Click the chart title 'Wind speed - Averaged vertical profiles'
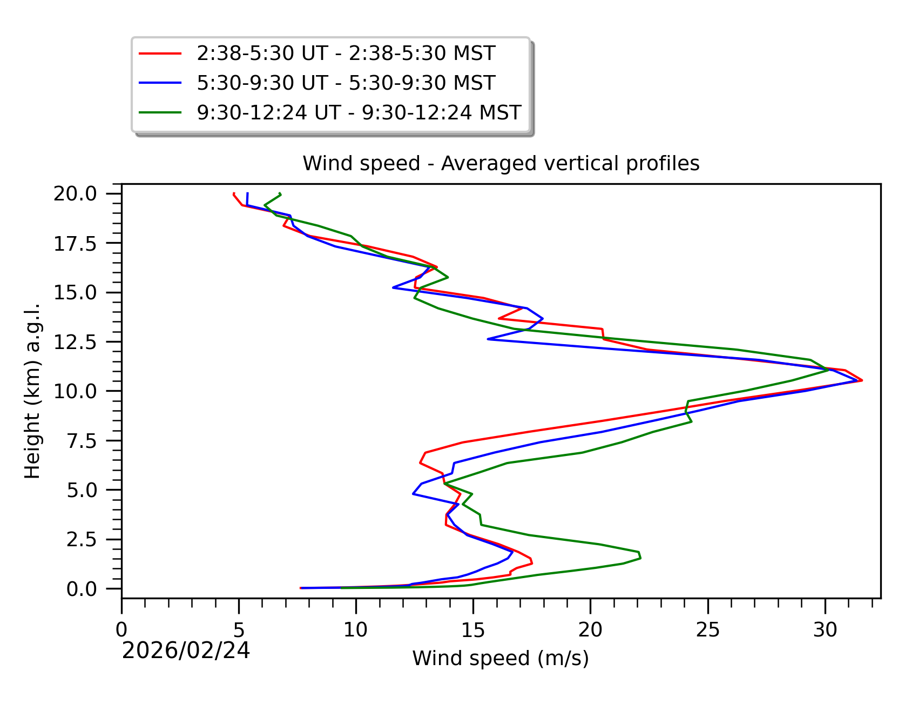coord(501,163)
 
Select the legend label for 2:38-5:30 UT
coord(346,53)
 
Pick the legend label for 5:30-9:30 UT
coord(346,83)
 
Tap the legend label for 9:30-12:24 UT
coord(359,113)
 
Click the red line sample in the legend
coord(160,53)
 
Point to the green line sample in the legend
coord(160,113)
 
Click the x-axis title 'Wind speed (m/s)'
coord(501,658)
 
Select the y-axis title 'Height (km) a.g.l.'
coord(32,391)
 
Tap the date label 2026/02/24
coord(186,651)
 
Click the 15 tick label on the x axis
coord(473,629)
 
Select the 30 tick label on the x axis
coord(825,629)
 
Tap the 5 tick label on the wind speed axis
coord(239,629)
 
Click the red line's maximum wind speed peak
coord(862,380)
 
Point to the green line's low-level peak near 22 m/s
coord(640,558)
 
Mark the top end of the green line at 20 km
coord(280,193)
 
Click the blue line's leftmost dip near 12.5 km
coord(488,339)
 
